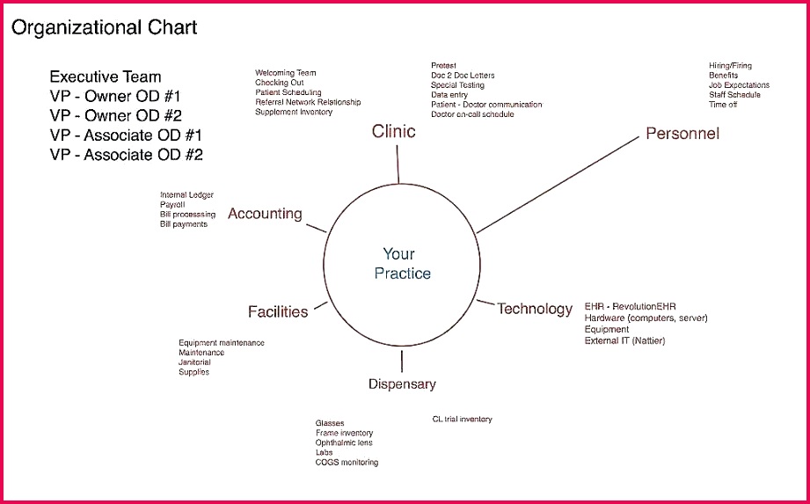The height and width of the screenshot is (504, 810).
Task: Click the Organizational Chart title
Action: (104, 28)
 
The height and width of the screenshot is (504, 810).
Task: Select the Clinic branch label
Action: (393, 131)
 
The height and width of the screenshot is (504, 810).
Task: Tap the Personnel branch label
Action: (682, 134)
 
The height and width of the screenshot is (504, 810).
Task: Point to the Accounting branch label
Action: (265, 214)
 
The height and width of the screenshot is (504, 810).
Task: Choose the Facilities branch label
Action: (278, 311)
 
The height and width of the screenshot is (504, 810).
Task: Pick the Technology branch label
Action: (535, 309)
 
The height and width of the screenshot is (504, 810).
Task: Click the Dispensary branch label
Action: (402, 383)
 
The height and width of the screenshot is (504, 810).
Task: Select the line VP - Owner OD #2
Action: (115, 114)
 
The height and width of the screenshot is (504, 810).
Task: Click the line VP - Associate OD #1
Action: (126, 135)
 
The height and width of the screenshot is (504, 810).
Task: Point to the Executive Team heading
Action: (106, 77)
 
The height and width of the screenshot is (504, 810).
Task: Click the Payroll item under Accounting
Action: (172, 205)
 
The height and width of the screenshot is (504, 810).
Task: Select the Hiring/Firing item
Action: (730, 66)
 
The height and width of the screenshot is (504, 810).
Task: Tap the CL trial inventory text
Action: (462, 420)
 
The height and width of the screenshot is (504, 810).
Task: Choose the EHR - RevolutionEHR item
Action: (630, 307)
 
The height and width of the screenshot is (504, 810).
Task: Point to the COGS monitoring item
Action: (347, 463)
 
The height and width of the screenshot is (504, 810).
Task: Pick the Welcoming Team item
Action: (286, 73)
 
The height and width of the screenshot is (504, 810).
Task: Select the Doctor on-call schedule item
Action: (472, 114)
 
